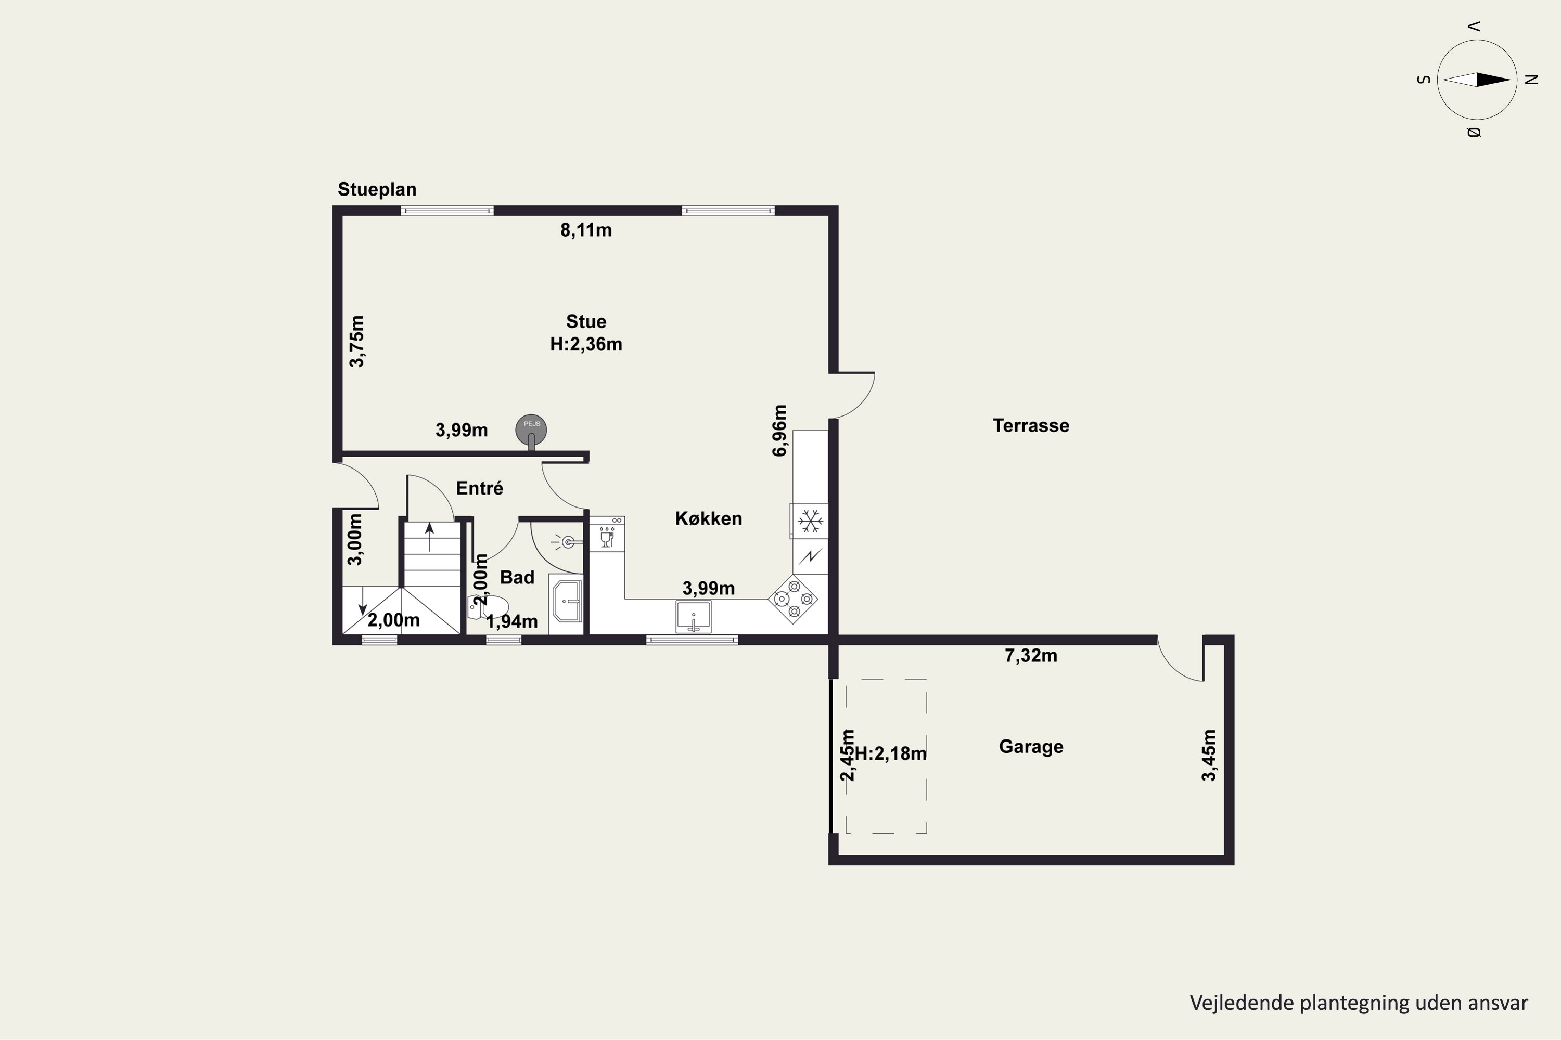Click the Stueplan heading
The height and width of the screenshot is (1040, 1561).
tap(377, 190)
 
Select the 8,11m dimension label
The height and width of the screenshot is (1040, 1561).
tap(586, 230)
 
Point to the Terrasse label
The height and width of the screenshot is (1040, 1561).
tap(1031, 426)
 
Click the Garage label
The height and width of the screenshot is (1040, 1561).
tap(1031, 747)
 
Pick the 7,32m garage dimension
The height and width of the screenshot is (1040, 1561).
tap(1031, 656)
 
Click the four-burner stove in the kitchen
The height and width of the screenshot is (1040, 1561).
tap(793, 599)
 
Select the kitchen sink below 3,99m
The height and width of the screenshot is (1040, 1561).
tap(693, 616)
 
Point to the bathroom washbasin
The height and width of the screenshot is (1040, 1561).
tap(566, 602)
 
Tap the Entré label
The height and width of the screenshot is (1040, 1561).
tap(479, 489)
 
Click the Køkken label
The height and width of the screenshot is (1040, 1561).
tap(708, 518)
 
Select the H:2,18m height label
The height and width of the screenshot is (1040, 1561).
tap(891, 753)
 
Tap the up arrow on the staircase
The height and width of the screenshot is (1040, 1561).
tap(429, 537)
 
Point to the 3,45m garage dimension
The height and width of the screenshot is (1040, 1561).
tap(1209, 756)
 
